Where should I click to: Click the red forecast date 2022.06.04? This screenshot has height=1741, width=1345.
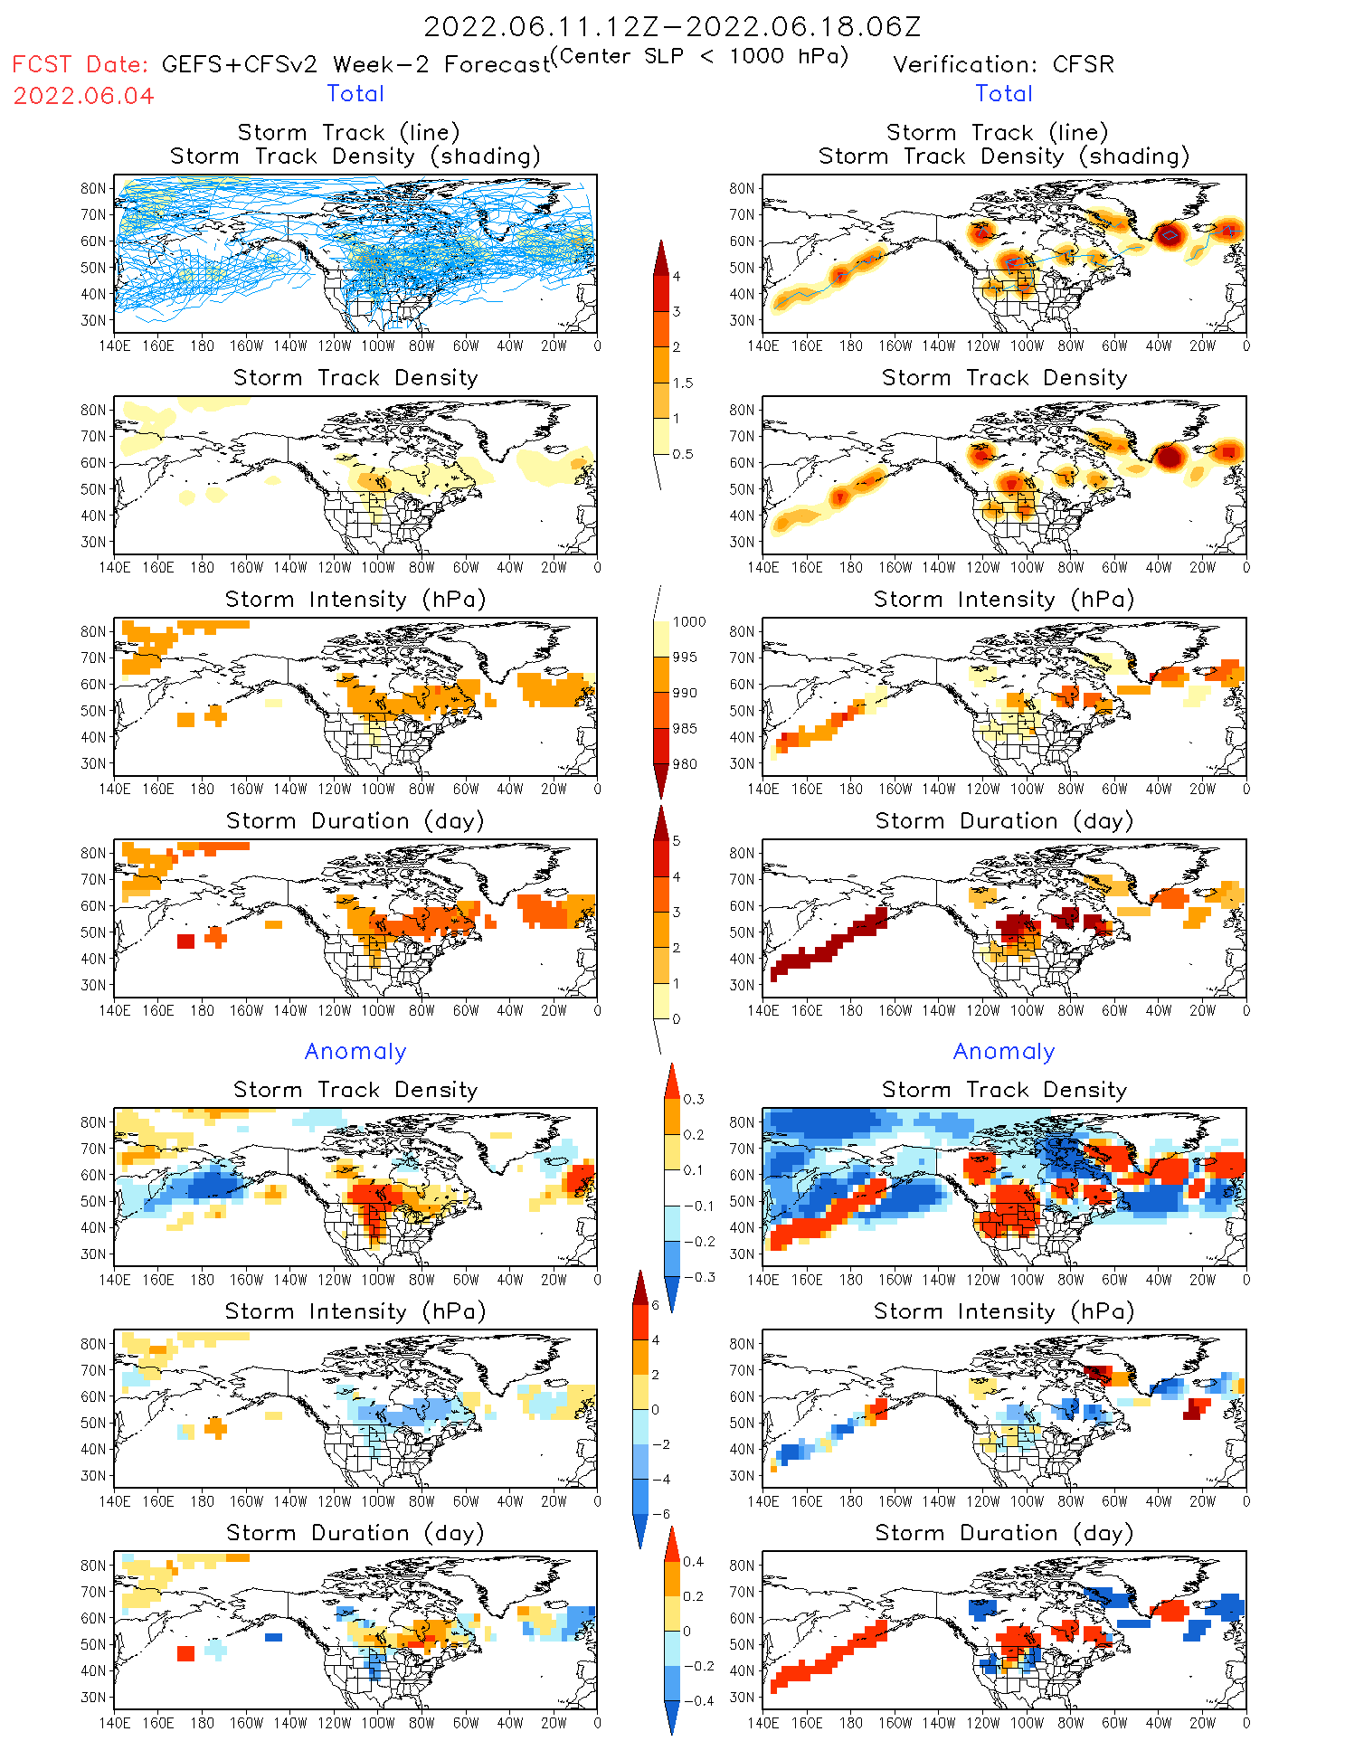click(83, 96)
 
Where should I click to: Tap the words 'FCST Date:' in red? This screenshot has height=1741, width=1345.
click(80, 64)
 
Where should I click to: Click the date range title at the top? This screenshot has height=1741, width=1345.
click(672, 26)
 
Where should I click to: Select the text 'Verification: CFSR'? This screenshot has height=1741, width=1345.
click(1003, 64)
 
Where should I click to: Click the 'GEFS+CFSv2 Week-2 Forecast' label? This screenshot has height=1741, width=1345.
click(356, 64)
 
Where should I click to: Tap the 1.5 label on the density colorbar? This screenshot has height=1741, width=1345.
click(683, 383)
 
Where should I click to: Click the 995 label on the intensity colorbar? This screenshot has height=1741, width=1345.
click(685, 658)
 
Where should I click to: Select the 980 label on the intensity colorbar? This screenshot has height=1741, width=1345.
click(685, 764)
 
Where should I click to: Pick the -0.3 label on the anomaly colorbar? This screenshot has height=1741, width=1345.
click(698, 1277)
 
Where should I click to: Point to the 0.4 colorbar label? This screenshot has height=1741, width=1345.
click(693, 1561)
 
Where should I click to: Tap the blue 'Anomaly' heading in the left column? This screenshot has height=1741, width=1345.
click(355, 1051)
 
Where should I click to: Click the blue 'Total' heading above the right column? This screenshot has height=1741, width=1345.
click(1003, 93)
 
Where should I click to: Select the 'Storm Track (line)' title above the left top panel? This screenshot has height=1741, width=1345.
click(348, 132)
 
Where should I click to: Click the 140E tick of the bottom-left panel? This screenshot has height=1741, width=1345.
click(114, 1723)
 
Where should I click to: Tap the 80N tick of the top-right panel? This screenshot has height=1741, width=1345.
click(741, 188)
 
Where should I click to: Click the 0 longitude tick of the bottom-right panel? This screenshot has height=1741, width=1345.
click(1246, 1723)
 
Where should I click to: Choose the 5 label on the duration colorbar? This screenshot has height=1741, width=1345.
click(676, 840)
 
